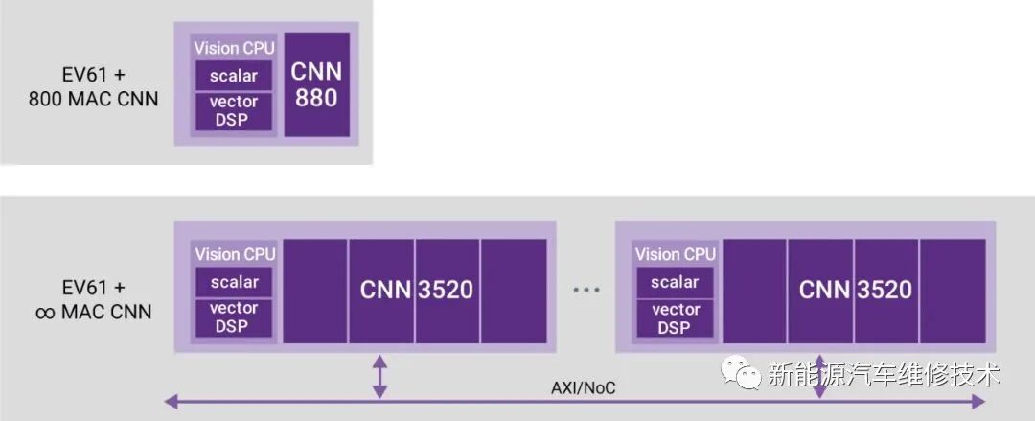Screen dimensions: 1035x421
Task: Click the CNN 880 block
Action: pos(317,84)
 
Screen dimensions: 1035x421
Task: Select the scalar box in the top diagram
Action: pos(234,76)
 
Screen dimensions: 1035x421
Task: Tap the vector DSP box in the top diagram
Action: pos(234,111)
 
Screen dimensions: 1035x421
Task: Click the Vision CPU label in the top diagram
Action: pos(234,48)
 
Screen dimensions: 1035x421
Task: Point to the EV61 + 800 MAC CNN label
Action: pos(93,86)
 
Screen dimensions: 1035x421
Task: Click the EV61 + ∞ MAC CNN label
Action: pos(93,299)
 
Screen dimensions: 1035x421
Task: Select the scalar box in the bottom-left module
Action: pos(234,282)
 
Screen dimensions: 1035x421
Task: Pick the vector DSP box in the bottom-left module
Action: pos(234,317)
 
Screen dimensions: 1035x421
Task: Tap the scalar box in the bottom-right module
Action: pos(675,282)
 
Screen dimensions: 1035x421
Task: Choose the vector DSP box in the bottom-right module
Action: pos(675,318)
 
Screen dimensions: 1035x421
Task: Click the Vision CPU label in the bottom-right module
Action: pos(676,254)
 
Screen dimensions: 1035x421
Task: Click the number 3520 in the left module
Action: pos(446,291)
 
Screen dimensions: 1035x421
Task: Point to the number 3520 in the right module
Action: pos(885,290)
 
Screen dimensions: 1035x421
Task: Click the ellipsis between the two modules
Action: pos(586,290)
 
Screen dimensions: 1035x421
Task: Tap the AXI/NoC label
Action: pos(583,387)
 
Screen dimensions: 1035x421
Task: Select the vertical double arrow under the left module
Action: pos(379,377)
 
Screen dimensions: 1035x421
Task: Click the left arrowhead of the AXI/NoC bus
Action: pos(171,401)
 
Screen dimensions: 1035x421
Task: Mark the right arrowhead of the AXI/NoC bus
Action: pos(978,401)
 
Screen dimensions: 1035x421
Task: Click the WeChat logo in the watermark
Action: pos(740,372)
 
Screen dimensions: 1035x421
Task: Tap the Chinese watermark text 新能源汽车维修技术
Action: pos(884,374)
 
